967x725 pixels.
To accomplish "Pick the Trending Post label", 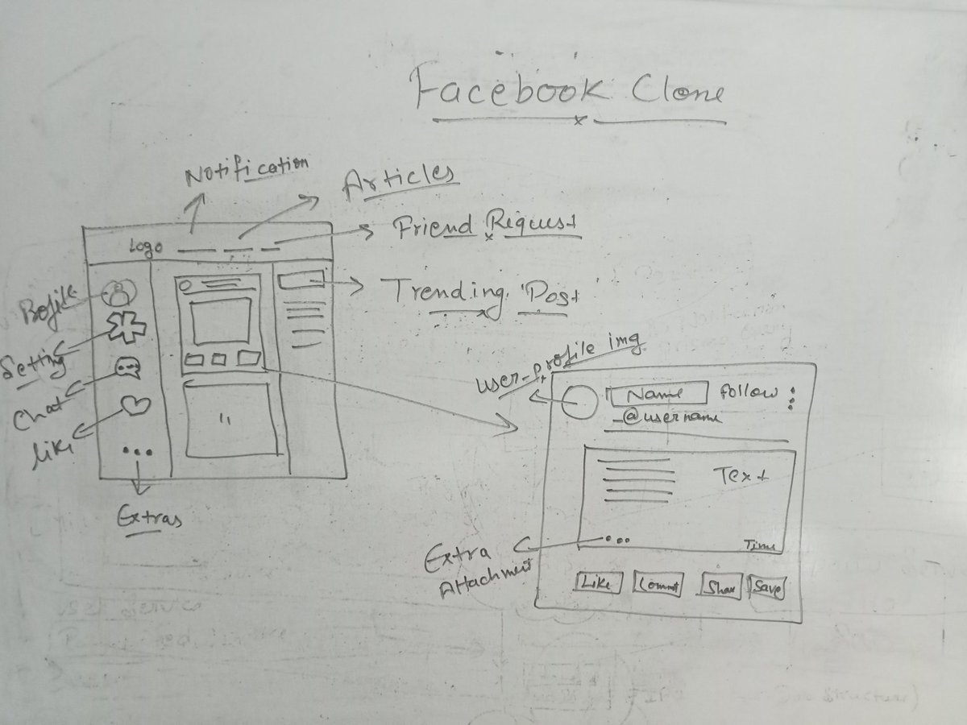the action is (x=479, y=292).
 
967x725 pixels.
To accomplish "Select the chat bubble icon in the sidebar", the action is (x=128, y=368).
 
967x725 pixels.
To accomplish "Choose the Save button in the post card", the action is (x=766, y=586).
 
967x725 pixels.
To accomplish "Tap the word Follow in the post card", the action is (x=749, y=392).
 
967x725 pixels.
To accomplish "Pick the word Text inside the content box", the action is (x=741, y=476).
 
